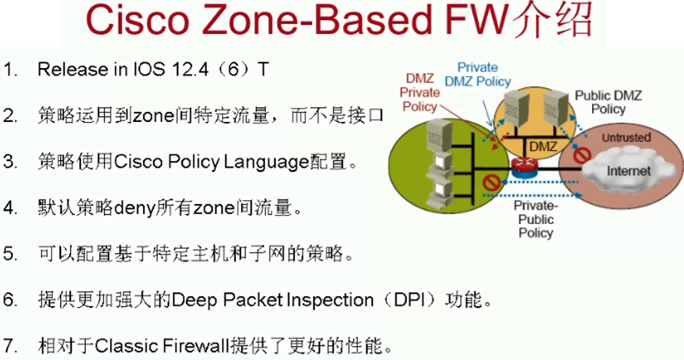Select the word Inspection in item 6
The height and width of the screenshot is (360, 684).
click(x=335, y=301)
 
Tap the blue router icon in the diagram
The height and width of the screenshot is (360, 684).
click(x=522, y=166)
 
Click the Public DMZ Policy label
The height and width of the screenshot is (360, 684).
click(x=608, y=102)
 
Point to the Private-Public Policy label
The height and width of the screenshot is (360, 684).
click(x=535, y=219)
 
